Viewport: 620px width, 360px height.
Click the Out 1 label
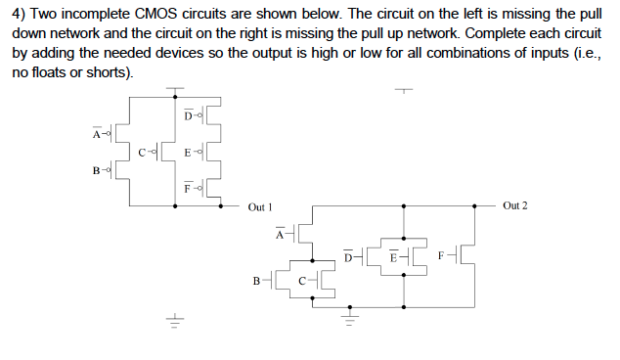tap(259, 207)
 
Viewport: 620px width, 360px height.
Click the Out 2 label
tap(514, 205)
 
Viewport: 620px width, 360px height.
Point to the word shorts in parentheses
tap(97, 74)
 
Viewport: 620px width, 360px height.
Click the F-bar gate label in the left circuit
tap(188, 187)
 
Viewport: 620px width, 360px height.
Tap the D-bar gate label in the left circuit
tap(188, 117)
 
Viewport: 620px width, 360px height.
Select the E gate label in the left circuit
tap(188, 153)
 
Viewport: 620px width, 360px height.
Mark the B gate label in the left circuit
tap(95, 170)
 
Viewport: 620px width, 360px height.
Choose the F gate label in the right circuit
tap(441, 257)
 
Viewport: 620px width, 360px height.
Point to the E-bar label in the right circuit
tap(392, 258)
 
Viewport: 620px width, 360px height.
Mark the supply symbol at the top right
tap(405, 91)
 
